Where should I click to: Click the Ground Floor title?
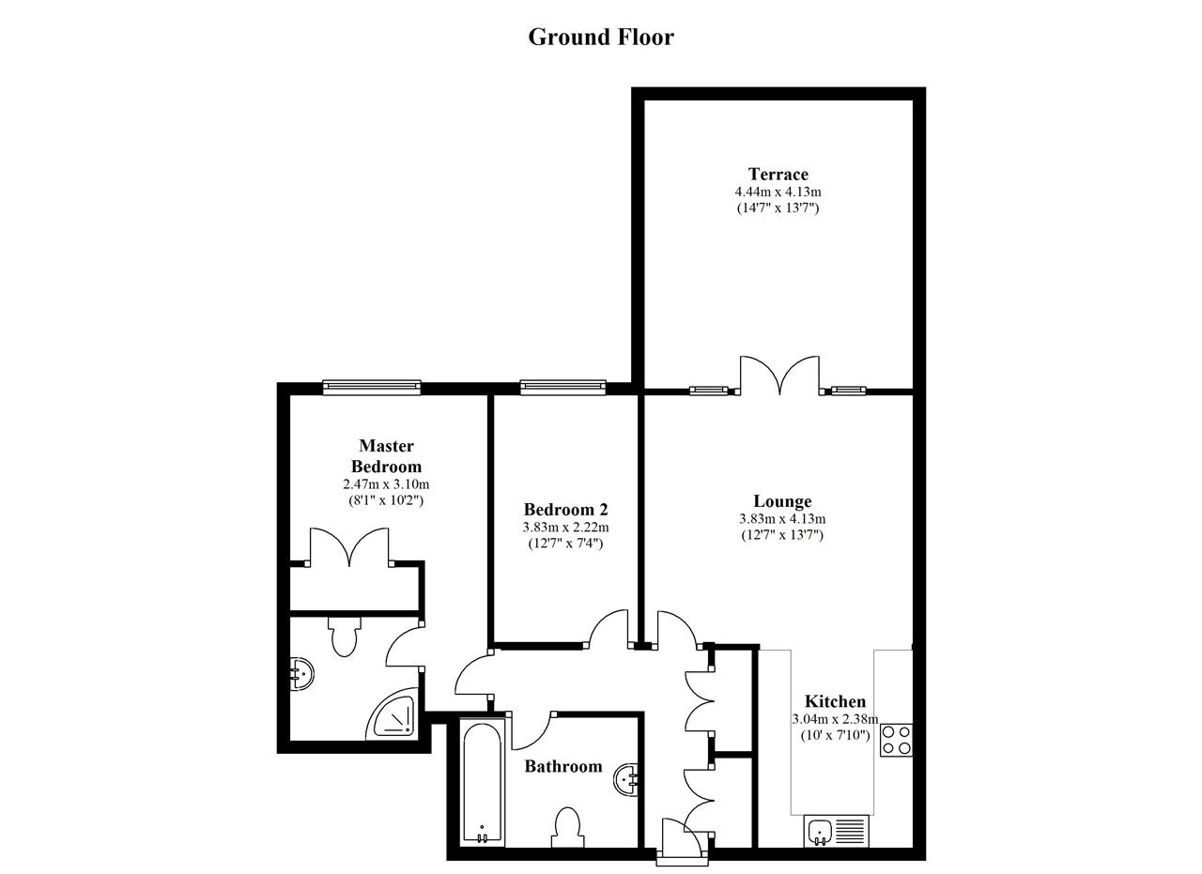click(x=601, y=37)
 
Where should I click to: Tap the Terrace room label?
click(x=778, y=174)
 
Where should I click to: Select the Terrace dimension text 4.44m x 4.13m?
click(x=778, y=192)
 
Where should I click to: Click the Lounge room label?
click(x=782, y=500)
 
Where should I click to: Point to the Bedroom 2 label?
click(x=565, y=509)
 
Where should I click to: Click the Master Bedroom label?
click(x=386, y=455)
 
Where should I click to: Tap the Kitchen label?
click(x=835, y=701)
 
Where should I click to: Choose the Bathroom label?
click(x=562, y=766)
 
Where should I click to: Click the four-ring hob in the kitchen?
click(x=896, y=740)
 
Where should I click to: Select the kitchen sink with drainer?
click(x=836, y=831)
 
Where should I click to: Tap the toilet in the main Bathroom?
click(x=567, y=828)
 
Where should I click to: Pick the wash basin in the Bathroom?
click(x=625, y=779)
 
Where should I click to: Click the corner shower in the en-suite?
click(x=393, y=713)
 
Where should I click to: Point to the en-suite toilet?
click(x=344, y=636)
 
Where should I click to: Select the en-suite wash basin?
click(x=301, y=674)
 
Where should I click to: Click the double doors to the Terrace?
click(x=779, y=375)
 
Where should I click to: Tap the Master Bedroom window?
click(x=372, y=387)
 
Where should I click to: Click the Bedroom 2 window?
click(x=562, y=387)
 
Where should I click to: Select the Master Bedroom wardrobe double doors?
click(x=349, y=546)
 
